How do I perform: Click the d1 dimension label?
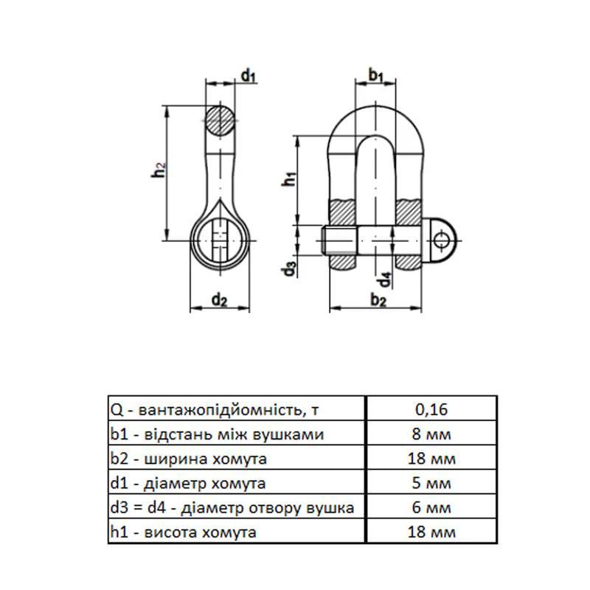pos(249,76)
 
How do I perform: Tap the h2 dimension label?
pos(159,170)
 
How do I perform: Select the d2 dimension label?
pos(219,300)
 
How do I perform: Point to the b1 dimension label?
pos(375,75)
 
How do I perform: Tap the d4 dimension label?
pos(384,280)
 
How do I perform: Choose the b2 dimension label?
pos(378,301)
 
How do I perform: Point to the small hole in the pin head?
pos(441,240)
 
